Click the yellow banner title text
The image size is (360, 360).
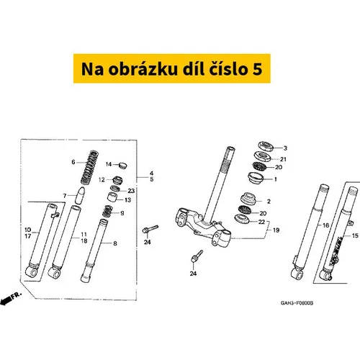pos(172,69)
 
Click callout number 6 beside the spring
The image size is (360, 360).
pos(73,162)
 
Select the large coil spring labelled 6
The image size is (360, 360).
pos(89,167)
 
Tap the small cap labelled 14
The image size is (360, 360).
pos(123,166)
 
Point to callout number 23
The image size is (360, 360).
pos(131,191)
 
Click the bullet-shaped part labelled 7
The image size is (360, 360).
pos(80,195)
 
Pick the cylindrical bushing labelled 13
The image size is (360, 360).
pos(112,197)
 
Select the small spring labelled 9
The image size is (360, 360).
pos(107,211)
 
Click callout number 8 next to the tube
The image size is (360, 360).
pos(115,243)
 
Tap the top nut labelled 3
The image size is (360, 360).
pos(266,146)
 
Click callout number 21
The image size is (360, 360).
pos(283,159)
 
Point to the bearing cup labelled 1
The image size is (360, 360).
pos(256,178)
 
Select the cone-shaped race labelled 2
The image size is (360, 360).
pos(248,198)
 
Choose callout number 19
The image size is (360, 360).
pos(276,230)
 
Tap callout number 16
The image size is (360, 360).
pos(325,225)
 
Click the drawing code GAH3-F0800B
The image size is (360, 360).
pos(297,303)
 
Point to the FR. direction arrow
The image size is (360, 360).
pos(11,298)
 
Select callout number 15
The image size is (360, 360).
pos(355,235)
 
